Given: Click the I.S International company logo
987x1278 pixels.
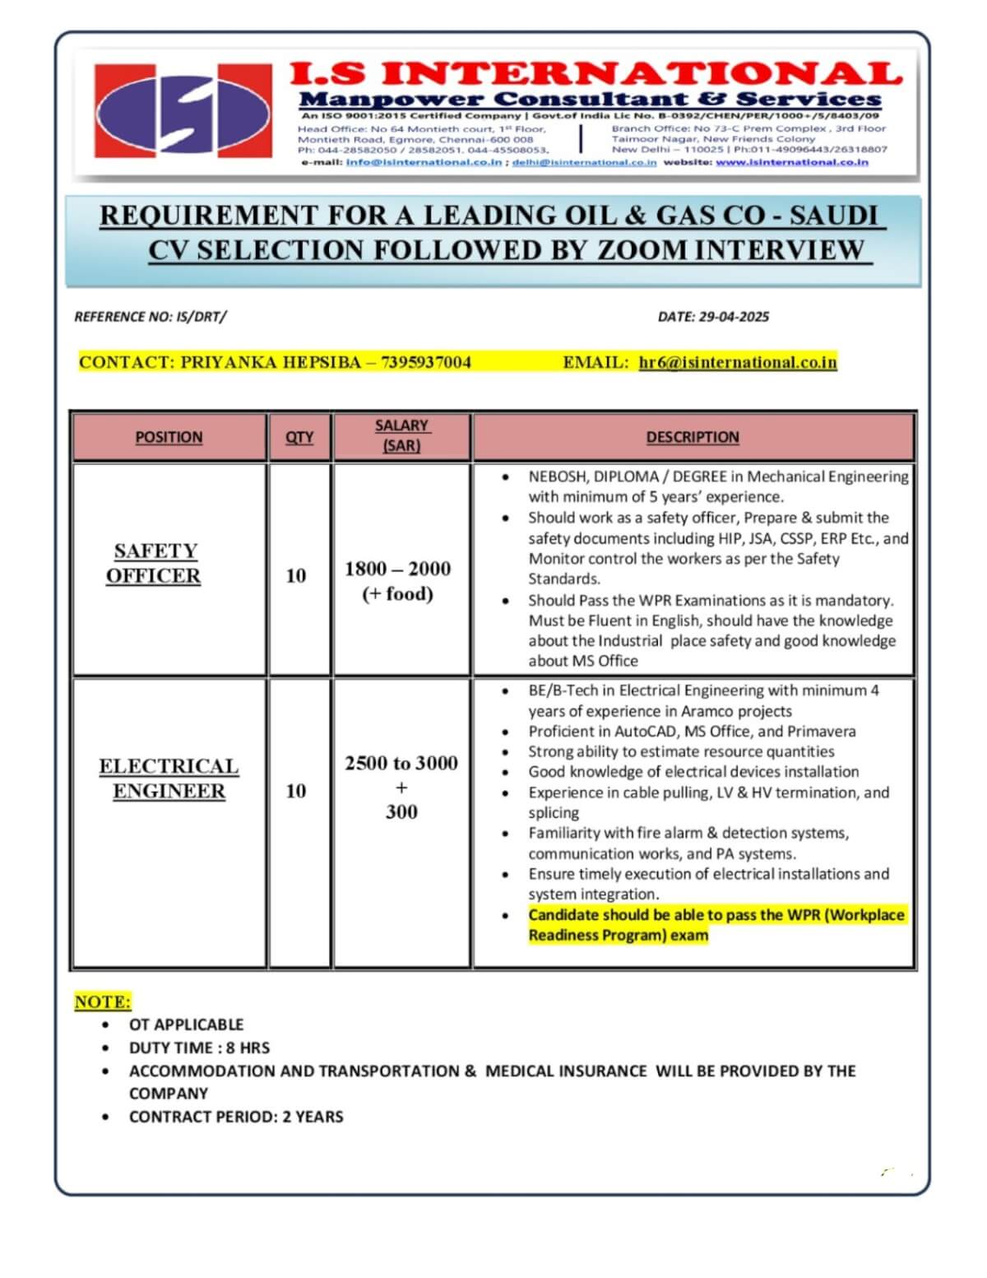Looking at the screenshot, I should pyautogui.click(x=182, y=109).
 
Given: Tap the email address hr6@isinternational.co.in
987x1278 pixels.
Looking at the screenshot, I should pyautogui.click(x=737, y=362).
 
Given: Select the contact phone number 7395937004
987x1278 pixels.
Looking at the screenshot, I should pyautogui.click(x=425, y=362).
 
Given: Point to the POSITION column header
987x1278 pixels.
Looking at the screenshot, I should pyautogui.click(x=169, y=437).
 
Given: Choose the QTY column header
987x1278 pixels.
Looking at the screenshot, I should pyautogui.click(x=299, y=437).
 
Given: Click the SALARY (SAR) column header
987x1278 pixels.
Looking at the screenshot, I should pyautogui.click(x=401, y=435).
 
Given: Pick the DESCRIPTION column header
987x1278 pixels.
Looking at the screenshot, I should pyautogui.click(x=693, y=437).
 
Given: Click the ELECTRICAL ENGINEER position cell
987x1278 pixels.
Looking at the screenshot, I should pyautogui.click(x=169, y=778).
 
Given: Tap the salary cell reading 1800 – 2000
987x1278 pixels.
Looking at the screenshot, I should pyautogui.click(x=398, y=569).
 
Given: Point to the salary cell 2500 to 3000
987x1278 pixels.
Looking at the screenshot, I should pyautogui.click(x=401, y=763).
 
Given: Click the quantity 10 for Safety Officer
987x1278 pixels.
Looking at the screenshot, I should pyautogui.click(x=296, y=575).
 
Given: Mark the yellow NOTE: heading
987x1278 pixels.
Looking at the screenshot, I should pyautogui.click(x=103, y=1001).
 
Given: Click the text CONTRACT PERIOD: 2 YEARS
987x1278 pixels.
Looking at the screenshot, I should pyautogui.click(x=236, y=1117).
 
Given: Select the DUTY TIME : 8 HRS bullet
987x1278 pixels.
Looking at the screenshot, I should pyautogui.click(x=199, y=1048).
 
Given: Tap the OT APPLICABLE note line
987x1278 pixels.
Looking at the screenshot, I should pyautogui.click(x=186, y=1025).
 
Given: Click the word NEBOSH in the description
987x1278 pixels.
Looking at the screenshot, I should pyautogui.click(x=556, y=476).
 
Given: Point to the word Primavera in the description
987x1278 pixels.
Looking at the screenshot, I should pyautogui.click(x=822, y=731).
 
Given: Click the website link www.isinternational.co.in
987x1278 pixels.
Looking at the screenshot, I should pyautogui.click(x=792, y=162).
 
